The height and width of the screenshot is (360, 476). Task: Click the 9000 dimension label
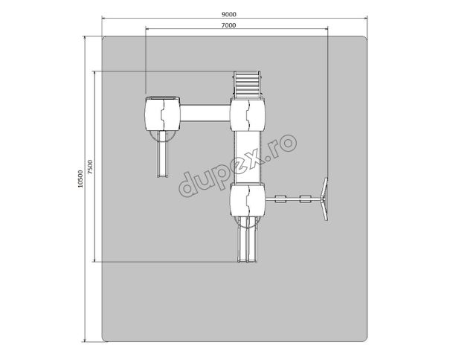tap(229, 14)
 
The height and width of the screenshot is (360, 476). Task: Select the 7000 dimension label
tap(228, 25)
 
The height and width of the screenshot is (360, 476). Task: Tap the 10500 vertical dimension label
tap(80, 179)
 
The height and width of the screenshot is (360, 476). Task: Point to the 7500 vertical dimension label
tap(91, 167)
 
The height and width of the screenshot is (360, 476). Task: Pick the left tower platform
tap(162, 114)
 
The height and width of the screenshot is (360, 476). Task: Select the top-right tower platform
tap(248, 115)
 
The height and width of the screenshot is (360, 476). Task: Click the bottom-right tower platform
tap(248, 200)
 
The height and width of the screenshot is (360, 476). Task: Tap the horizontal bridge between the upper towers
tap(205, 113)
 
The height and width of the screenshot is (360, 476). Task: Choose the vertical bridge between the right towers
tap(248, 157)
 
